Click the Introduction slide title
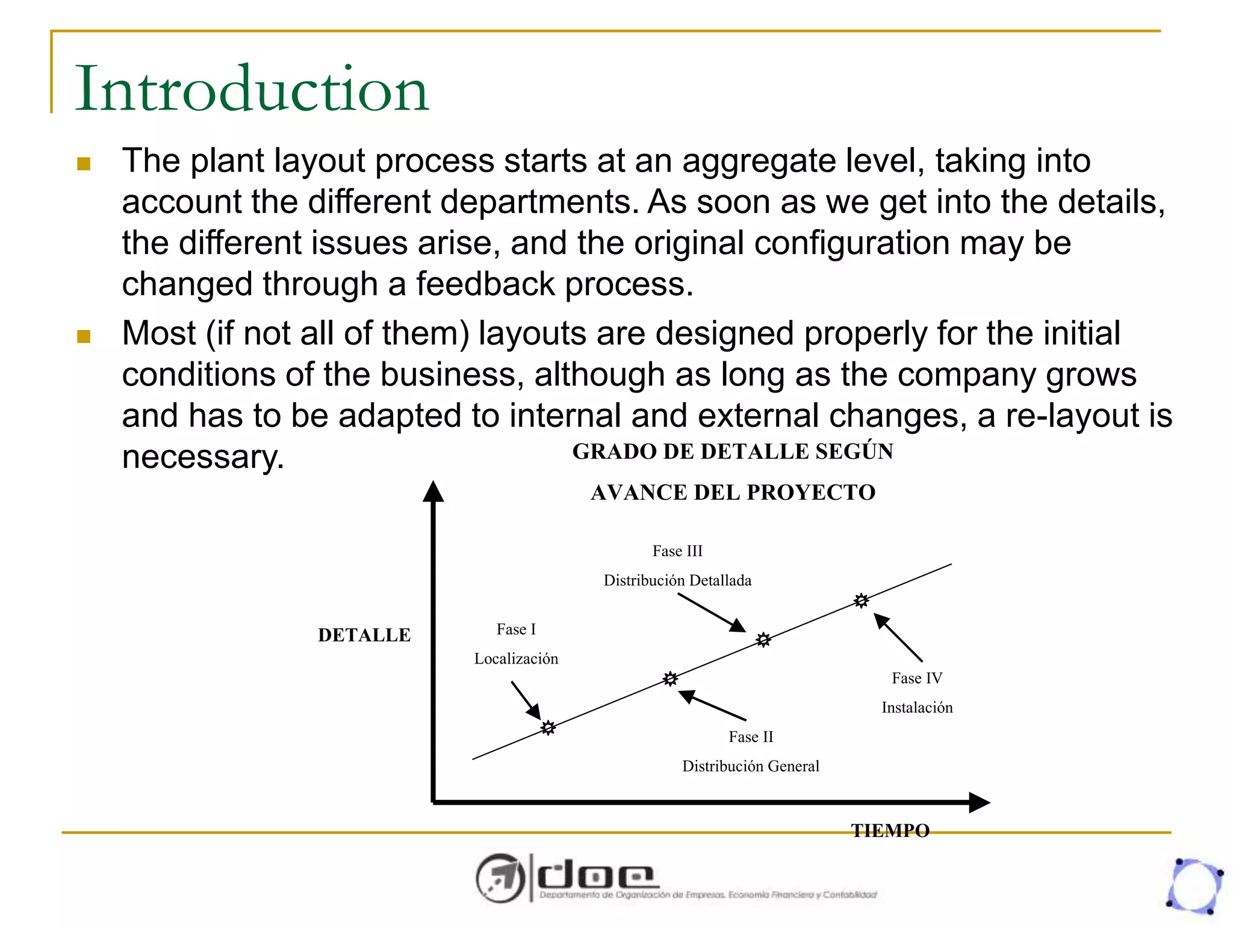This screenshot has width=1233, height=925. coord(252,89)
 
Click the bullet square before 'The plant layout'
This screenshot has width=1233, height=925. coord(84,164)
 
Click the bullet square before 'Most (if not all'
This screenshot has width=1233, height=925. coord(84,336)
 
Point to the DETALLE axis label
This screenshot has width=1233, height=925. coord(364,635)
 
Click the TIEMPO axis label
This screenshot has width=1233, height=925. coord(890,830)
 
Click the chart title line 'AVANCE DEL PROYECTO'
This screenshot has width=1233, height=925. coord(733,493)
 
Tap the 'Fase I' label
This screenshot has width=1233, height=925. coord(516,629)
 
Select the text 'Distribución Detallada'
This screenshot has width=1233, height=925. coord(677,581)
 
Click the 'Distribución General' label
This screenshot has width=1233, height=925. coord(750,766)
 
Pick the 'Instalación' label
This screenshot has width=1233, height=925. coord(917,708)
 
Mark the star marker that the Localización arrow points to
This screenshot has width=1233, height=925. coord(548,728)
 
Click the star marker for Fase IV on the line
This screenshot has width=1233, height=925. coord(862,600)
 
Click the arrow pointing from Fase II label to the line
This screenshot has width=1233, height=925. coord(712,705)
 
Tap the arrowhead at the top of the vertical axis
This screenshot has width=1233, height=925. coord(433,491)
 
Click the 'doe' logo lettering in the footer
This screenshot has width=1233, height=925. coord(595,877)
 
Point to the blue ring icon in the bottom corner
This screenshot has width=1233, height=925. coord(1196,886)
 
